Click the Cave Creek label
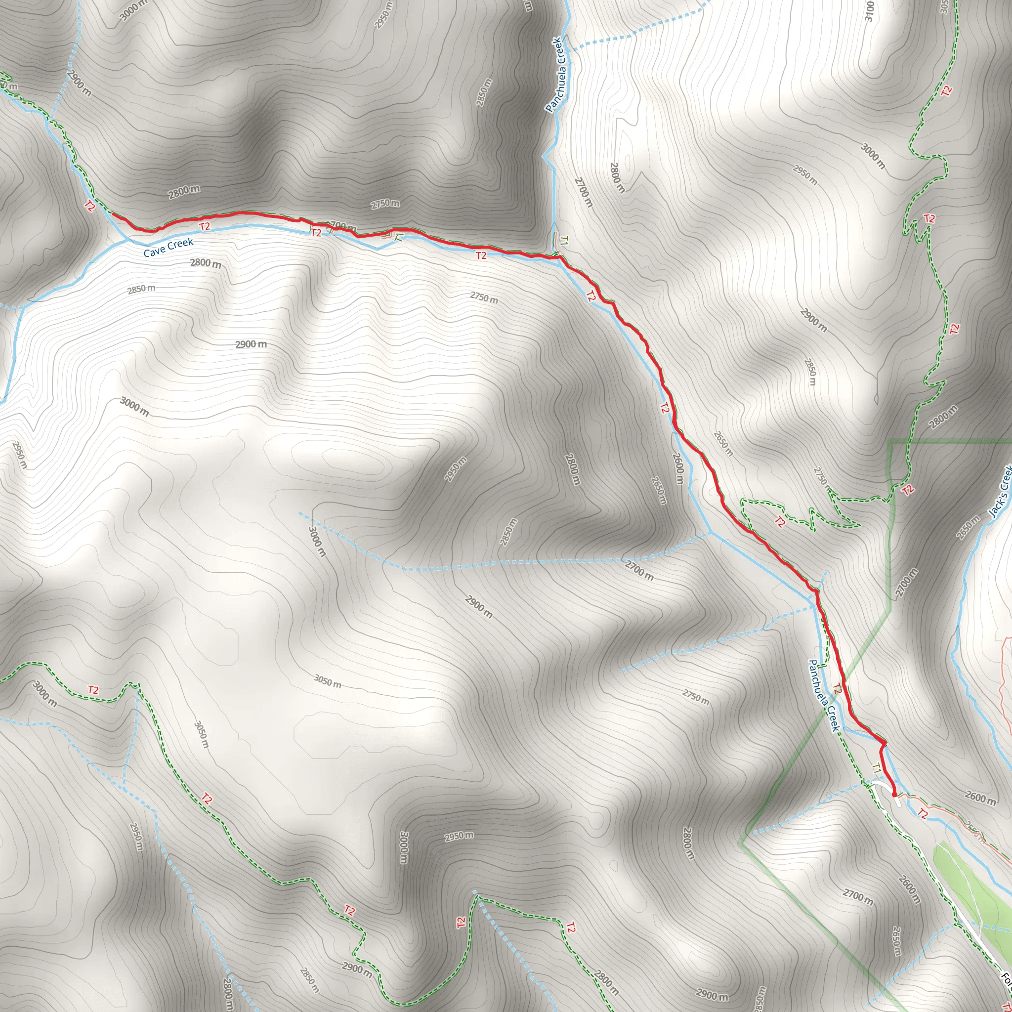pos(168,247)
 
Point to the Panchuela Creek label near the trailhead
pos(824,695)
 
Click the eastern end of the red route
pos(894,795)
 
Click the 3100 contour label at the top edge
pos(869,11)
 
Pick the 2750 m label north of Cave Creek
pos(385,204)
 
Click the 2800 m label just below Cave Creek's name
pos(206,263)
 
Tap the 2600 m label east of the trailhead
pos(980,799)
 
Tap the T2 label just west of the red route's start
pos(89,206)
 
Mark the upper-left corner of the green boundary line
pos(890,442)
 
